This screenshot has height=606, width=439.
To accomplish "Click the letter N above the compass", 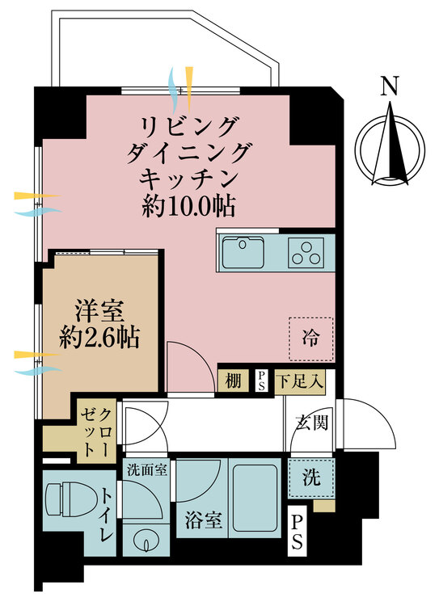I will [x=390, y=86].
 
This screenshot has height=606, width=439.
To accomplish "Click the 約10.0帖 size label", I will [x=188, y=206].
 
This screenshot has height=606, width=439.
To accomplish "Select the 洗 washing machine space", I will [x=311, y=478].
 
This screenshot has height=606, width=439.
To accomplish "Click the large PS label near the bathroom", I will [x=299, y=532].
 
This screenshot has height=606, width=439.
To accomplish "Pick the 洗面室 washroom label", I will [x=146, y=469].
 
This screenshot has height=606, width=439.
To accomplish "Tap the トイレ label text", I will [x=108, y=515].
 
